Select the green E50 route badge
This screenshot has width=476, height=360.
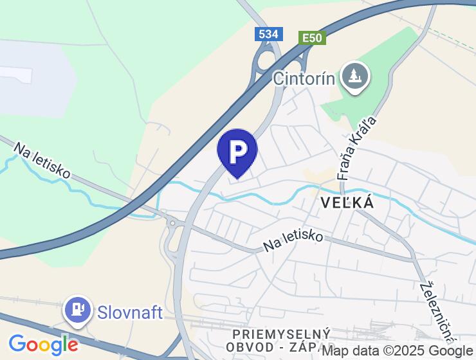pyautogui.click(x=312, y=38)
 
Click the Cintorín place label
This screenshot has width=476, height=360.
pyautogui.click(x=304, y=78)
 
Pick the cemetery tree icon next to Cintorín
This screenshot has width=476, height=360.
pyautogui.click(x=353, y=76)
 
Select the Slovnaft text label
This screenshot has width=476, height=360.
pyautogui.click(x=130, y=312)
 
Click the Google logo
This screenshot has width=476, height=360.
pyautogui.click(x=43, y=345)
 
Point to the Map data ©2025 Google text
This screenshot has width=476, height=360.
pyautogui.click(x=398, y=351)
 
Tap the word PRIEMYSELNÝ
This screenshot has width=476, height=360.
pyautogui.click(x=282, y=334)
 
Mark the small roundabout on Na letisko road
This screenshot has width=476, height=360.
pyautogui.click(x=172, y=223)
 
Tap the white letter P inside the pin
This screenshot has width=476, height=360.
pyautogui.click(x=237, y=150)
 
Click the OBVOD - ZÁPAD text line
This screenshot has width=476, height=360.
pyautogui.click(x=273, y=348)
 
